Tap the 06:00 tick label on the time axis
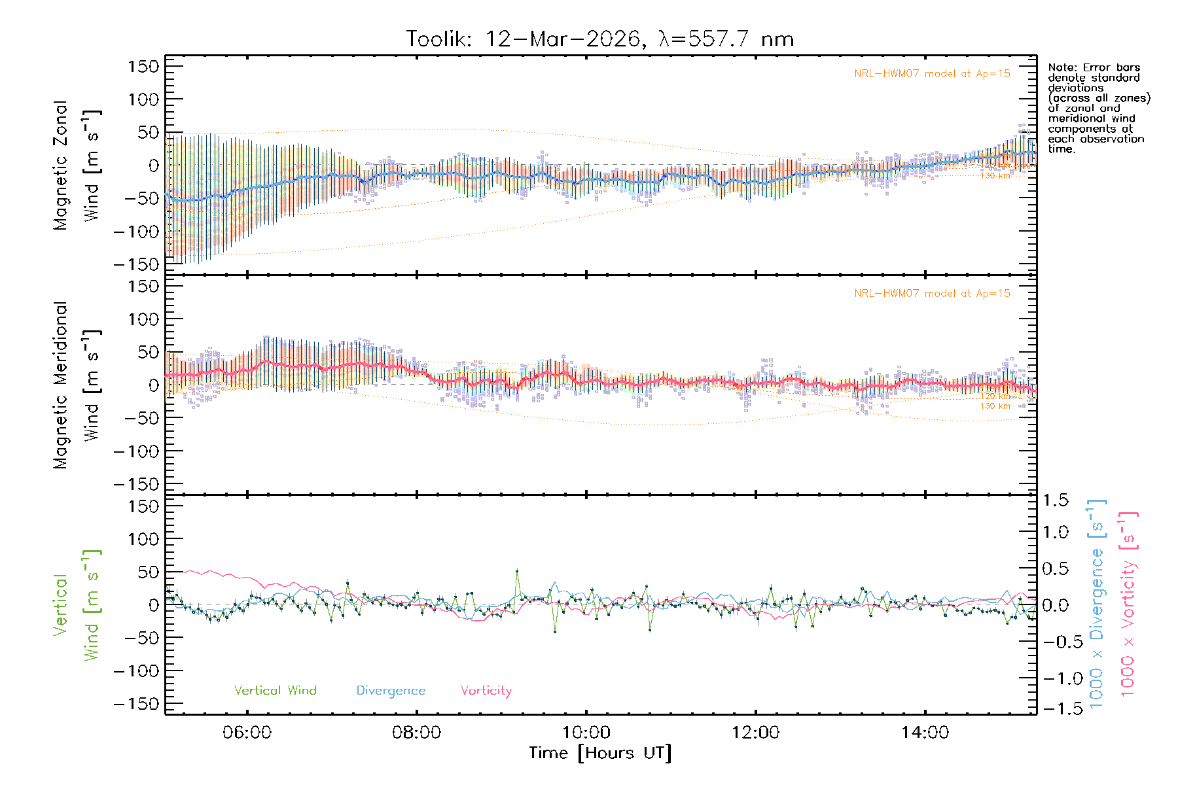click(x=247, y=733)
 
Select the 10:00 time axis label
click(x=586, y=733)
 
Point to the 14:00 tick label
click(x=925, y=733)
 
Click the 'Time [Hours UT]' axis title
click(x=600, y=754)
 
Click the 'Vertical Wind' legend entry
click(x=275, y=691)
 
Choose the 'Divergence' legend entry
click(x=391, y=691)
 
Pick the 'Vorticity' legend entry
click(x=486, y=691)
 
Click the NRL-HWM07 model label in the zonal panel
click(x=932, y=74)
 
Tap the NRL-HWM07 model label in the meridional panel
click(x=932, y=294)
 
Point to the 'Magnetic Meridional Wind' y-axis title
click(x=77, y=385)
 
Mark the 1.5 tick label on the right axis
click(x=1055, y=500)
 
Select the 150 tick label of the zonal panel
click(x=143, y=66)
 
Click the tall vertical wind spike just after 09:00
click(x=517, y=572)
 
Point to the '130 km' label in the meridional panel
click(x=995, y=406)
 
